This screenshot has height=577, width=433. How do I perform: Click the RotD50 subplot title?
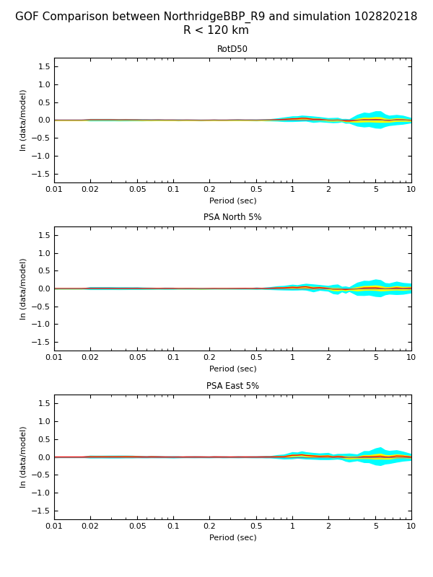coord(232,49)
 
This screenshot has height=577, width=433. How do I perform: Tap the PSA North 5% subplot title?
coord(232,217)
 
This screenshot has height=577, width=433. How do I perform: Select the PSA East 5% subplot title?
coord(232,386)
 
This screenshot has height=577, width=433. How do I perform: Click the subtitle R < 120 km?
coord(216,30)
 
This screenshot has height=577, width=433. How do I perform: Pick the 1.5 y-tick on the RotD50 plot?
coord(43,66)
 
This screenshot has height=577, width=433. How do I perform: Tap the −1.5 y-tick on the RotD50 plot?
coord(41,174)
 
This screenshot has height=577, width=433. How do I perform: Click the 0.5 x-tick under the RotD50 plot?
coord(256,190)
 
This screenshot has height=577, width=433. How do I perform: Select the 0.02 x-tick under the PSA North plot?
coord(90,358)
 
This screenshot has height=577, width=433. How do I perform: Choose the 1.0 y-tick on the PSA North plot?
coord(43,253)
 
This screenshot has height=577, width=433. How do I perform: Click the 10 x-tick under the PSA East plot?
coord(411,527)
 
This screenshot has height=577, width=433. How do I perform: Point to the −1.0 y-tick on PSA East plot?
coord(41,493)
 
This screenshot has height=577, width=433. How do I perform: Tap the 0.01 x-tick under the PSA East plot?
coord(54,527)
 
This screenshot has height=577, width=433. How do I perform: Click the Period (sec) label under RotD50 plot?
coord(232,201)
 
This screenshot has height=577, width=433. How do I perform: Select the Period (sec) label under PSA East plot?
coord(232,537)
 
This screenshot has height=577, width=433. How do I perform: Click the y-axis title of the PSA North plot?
coord(23,288)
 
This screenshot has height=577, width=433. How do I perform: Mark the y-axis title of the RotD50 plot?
coord(23,120)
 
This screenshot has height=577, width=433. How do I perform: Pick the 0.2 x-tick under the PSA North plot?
coord(209,358)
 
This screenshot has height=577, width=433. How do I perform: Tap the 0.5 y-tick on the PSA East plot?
coord(43,439)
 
